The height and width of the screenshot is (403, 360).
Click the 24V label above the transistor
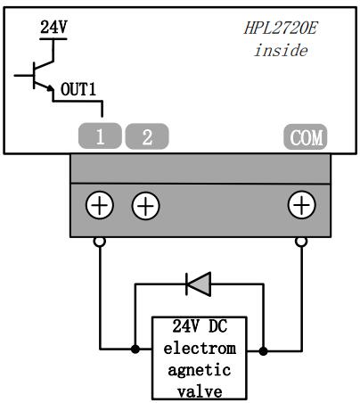click(x=53, y=27)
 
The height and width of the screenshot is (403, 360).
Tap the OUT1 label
click(x=79, y=90)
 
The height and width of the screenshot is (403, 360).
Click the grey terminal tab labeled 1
click(x=100, y=137)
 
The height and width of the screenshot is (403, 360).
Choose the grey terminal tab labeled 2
click(x=146, y=137)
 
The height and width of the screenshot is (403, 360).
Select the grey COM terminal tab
click(x=306, y=137)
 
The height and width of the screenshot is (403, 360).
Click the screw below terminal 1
click(x=100, y=206)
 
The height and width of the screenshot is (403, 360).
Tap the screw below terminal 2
click(x=146, y=206)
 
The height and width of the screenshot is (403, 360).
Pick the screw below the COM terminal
click(x=301, y=206)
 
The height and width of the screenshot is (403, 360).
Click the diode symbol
click(x=198, y=284)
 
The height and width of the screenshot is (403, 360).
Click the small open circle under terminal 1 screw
click(x=100, y=241)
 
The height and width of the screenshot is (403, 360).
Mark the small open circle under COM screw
click(x=301, y=241)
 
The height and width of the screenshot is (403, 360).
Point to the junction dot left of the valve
click(x=135, y=349)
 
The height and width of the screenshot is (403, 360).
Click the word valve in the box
click(x=199, y=391)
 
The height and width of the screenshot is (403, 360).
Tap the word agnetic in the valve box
click(x=199, y=370)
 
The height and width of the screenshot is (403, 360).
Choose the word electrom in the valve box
click(x=199, y=350)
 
